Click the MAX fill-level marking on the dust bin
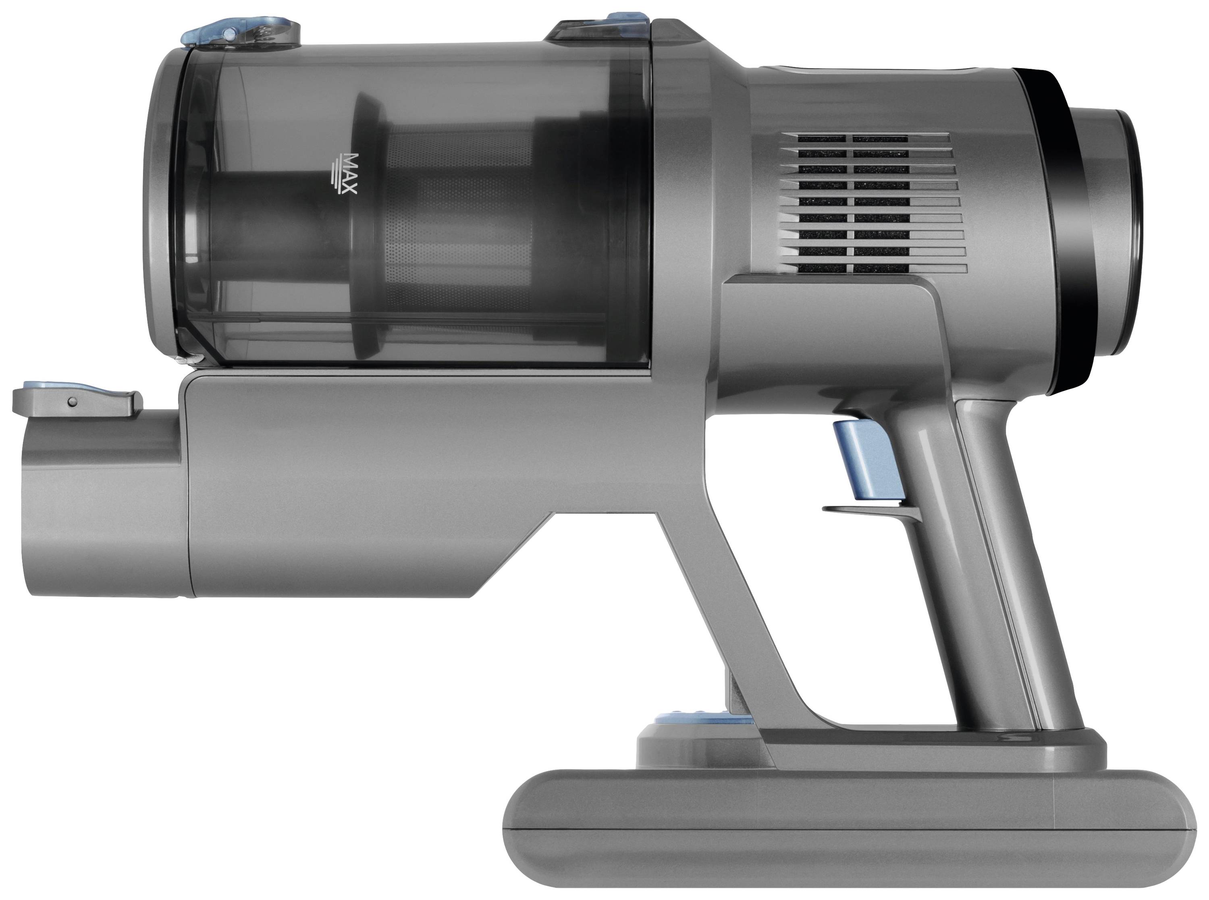click(344, 173)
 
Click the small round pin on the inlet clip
click(71, 402)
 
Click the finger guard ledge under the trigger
click(866, 509)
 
